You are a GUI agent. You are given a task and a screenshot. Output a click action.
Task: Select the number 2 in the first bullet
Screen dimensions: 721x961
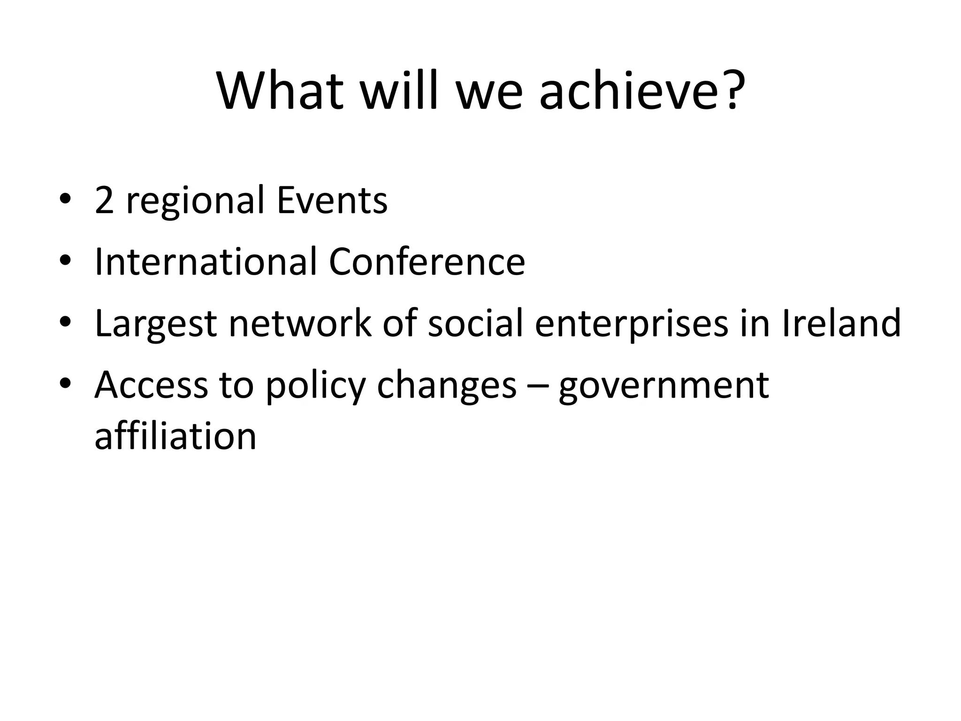point(104,200)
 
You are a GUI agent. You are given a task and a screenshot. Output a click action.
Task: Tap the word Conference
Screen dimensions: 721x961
point(427,261)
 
